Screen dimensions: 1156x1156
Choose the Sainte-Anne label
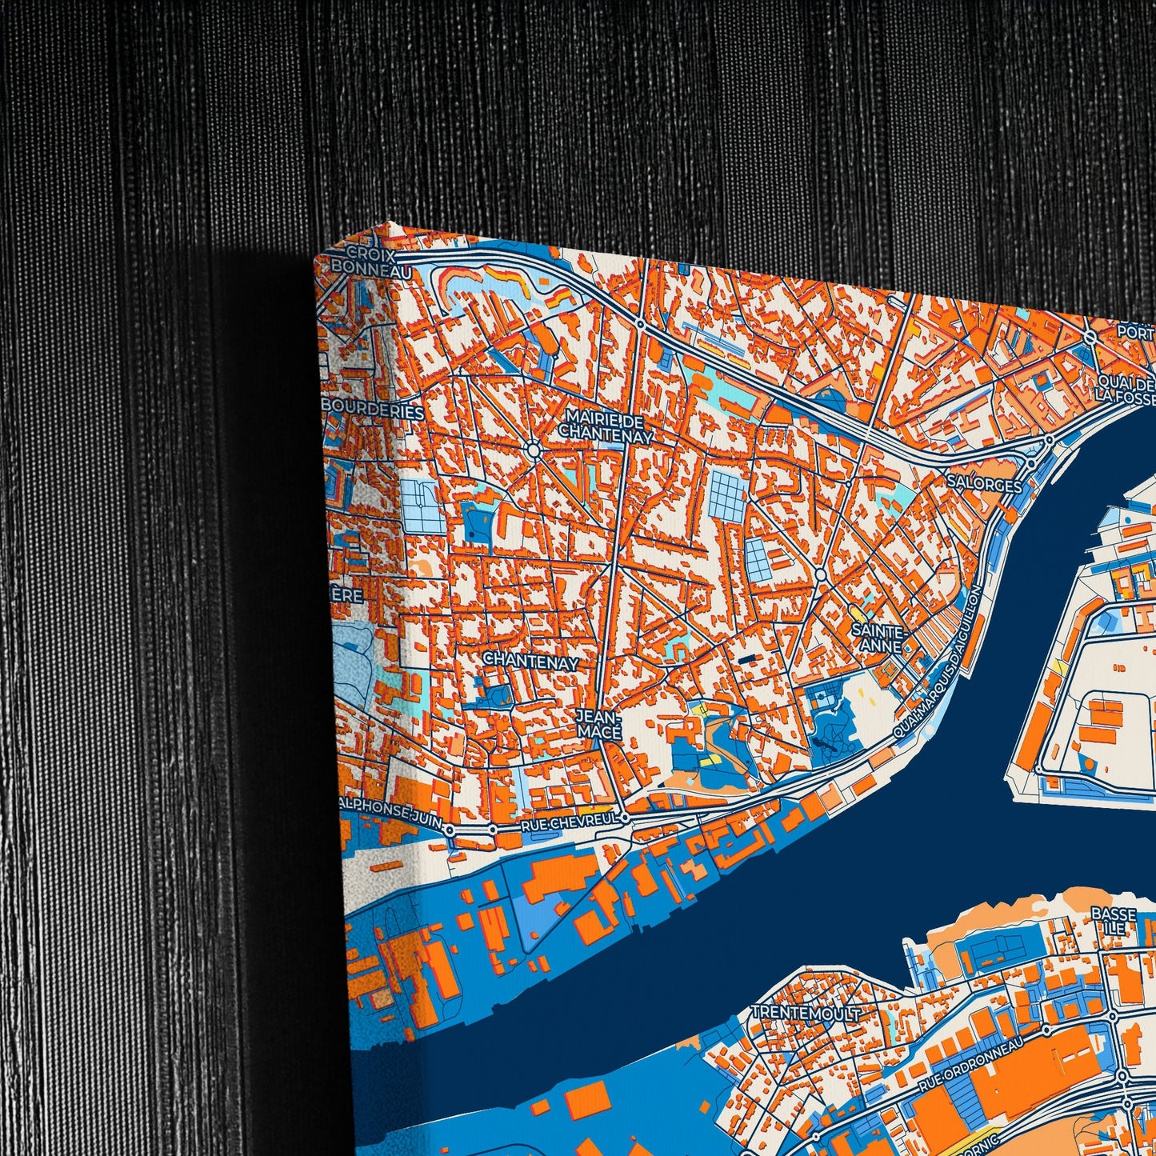877,638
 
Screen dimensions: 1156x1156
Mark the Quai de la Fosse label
1126,387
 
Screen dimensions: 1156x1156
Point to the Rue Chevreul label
569,820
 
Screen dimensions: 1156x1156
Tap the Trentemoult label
805,1013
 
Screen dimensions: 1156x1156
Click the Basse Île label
1113,921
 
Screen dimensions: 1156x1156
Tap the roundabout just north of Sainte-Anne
821,574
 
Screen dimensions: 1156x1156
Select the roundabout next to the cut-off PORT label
1090,338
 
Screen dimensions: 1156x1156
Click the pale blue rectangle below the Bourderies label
421,506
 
